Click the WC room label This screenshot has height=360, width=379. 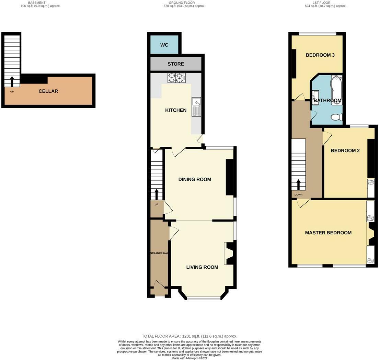(164, 45)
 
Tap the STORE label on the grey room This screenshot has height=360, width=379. (176, 64)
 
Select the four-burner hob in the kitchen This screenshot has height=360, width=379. (176, 78)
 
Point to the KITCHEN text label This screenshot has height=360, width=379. (176, 110)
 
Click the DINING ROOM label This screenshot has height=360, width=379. (195, 179)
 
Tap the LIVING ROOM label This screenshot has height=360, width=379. (202, 267)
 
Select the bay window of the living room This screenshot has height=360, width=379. (204, 298)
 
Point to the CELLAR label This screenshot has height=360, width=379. (48, 91)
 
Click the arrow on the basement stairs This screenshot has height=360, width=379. (12, 81)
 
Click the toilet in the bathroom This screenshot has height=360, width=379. (336, 117)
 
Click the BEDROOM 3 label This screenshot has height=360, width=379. (320, 55)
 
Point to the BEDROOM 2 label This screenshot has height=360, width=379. (345, 150)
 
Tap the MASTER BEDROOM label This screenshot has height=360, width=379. (328, 233)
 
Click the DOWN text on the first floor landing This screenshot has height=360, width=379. (298, 195)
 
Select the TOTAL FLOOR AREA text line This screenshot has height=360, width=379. (189, 336)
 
